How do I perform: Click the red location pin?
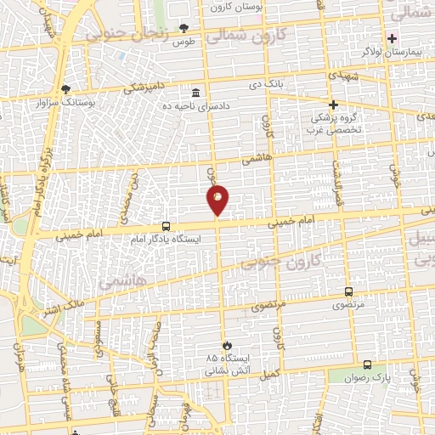[x=217, y=200]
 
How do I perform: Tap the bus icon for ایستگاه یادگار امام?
[x=166, y=227]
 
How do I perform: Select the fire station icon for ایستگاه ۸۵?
[x=227, y=344]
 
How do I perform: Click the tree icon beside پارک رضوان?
[x=367, y=363]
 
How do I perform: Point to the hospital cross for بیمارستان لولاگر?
[x=392, y=37]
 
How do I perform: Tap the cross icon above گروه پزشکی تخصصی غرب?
[x=333, y=104]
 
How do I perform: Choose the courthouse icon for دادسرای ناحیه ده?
[x=196, y=93]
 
